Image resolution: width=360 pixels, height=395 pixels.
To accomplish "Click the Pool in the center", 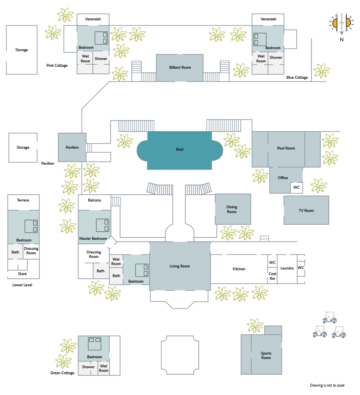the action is point(180,150).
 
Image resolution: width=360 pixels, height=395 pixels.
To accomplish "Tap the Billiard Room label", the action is point(180,68).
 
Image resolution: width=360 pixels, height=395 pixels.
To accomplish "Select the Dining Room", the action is point(233,209).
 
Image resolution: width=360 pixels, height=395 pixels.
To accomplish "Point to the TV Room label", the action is point(306,211).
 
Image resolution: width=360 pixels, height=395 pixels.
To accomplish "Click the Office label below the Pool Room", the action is point(283,178).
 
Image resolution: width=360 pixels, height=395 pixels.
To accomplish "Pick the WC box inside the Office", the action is point(296,188).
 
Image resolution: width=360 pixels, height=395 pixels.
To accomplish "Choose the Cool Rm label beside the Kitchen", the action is point(272,276).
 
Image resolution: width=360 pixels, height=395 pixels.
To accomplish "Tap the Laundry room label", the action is point(287,268).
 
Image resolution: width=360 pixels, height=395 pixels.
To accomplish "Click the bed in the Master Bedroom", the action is point(103,225).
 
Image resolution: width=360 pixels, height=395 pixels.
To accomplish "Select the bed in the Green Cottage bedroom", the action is point(94,343).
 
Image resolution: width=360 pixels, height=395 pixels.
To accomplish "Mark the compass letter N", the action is point(342,40).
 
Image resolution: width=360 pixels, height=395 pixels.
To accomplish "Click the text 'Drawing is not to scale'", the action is point(327,385).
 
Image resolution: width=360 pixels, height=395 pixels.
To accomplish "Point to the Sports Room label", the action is point(266,355).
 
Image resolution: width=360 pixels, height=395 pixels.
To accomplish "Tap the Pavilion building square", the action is point(72,148).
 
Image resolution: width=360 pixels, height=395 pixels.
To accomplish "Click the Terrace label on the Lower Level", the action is point(23,200).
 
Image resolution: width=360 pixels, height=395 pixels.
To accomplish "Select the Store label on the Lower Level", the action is point(22,274).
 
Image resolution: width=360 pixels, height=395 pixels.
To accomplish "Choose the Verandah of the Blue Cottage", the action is point(268,20).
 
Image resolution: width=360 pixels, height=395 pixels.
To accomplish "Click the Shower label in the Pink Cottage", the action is point(101,59).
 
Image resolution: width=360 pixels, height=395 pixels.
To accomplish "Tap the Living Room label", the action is point(180,266).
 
